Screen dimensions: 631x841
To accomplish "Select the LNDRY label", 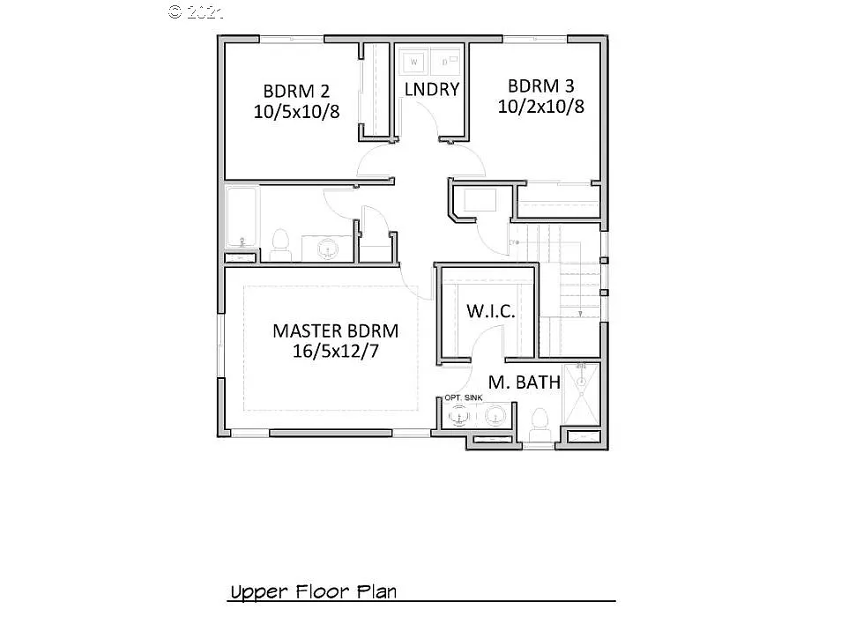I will coord(431,89).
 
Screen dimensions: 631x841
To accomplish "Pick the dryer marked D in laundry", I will coord(446,62).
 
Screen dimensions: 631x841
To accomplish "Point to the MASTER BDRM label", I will coord(335,331).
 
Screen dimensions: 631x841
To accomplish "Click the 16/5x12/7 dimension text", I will coord(335,351).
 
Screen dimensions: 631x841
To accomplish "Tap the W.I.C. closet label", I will coord(490,312).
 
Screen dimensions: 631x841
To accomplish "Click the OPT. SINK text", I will coord(463,397).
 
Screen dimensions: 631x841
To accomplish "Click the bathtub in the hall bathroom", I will coord(241,217).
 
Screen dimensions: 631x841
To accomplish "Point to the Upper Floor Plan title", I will coord(313,591).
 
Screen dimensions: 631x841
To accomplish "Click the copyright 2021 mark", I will coord(196,11).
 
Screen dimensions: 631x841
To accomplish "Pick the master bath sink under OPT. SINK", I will coord(460,415).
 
